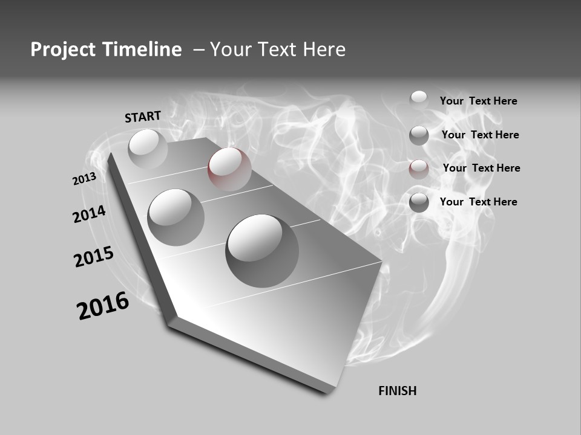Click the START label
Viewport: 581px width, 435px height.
click(143, 116)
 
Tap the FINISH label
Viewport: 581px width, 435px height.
click(397, 391)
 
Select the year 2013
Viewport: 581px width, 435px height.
click(84, 179)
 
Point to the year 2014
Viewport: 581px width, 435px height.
click(89, 214)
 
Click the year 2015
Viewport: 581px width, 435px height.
click(94, 257)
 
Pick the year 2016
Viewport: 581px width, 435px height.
click(103, 306)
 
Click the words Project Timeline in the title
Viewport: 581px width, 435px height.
click(106, 50)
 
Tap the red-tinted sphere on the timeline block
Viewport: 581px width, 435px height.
click(229, 169)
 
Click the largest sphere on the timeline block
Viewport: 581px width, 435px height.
click(261, 250)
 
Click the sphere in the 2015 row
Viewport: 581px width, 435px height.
click(176, 217)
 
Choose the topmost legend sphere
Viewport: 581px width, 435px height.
click(419, 100)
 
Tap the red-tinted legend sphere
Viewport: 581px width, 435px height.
click(419, 169)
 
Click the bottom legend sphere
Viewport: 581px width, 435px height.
click(419, 202)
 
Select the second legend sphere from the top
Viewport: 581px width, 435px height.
click(419, 135)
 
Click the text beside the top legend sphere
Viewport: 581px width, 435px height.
click(478, 101)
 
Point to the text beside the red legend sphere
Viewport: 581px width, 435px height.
click(481, 168)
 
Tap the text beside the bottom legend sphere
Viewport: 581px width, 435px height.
click(478, 202)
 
